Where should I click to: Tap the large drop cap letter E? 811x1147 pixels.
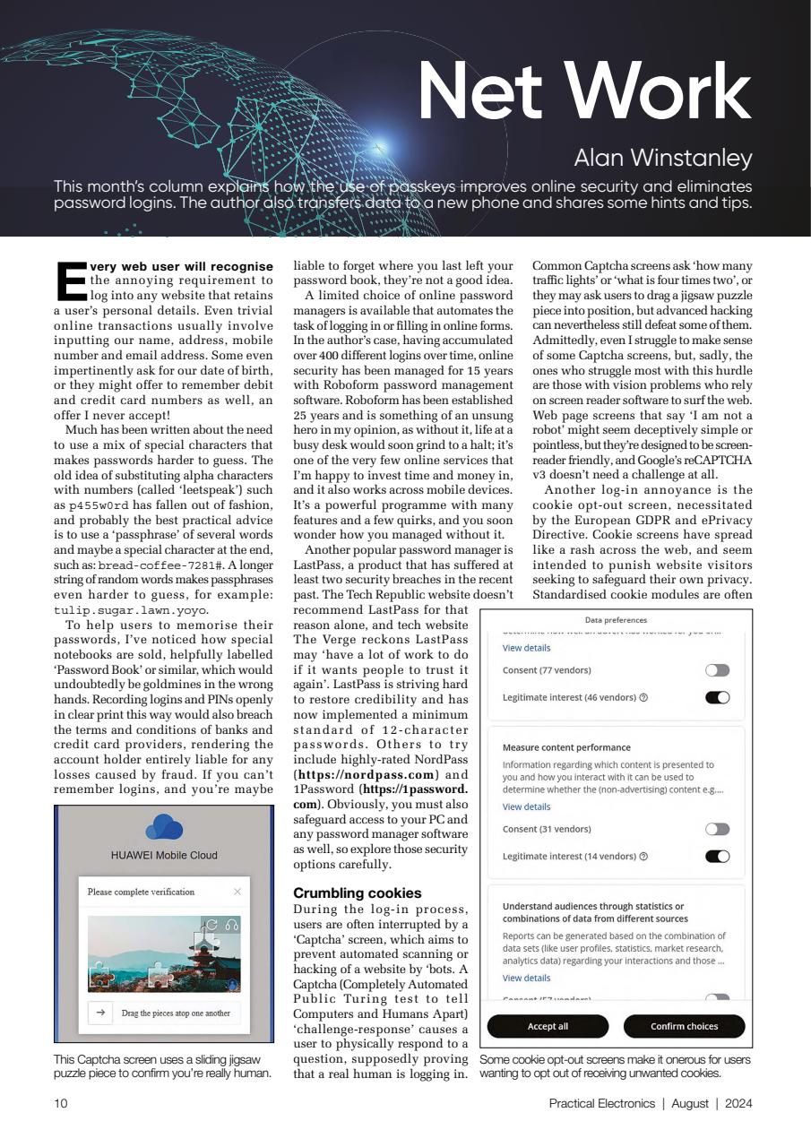[71, 283]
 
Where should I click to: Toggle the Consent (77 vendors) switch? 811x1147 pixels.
[717, 670]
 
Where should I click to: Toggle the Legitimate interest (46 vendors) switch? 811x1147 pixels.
[717, 697]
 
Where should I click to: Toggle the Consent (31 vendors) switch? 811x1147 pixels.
[717, 829]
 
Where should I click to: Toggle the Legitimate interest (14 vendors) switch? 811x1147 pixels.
[717, 856]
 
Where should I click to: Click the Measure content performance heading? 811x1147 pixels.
[566, 747]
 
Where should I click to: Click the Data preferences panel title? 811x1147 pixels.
[616, 620]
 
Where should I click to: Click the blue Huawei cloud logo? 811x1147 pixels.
[163, 828]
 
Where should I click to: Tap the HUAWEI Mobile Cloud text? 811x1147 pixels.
[163, 855]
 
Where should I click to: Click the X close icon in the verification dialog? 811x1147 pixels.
[237, 892]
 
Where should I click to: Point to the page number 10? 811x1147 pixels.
[61, 1104]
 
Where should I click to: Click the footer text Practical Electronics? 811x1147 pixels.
[601, 1104]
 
